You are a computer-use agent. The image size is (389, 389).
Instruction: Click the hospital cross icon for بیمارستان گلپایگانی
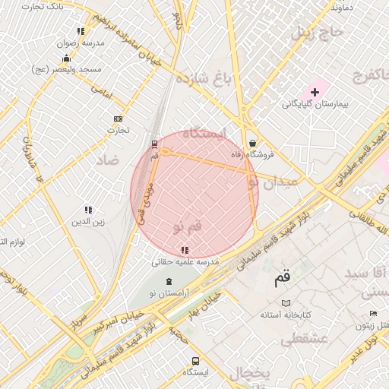(315, 92)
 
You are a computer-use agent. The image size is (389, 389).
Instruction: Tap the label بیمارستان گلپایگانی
(315, 104)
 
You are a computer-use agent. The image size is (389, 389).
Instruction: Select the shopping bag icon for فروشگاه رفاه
(252, 143)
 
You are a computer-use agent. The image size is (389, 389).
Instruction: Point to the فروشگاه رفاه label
(252, 155)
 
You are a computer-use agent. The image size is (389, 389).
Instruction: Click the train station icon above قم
(155, 143)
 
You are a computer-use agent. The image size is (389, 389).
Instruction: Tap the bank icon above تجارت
(118, 119)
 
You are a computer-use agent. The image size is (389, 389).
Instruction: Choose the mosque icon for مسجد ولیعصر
(67, 58)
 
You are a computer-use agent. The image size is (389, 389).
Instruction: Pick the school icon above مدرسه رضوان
(80, 31)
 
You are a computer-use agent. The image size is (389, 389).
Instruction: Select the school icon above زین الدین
(88, 210)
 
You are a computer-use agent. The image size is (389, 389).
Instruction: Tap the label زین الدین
(88, 222)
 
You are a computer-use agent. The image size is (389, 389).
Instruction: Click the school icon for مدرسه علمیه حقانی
(185, 249)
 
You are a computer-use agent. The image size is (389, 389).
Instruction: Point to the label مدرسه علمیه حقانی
(185, 261)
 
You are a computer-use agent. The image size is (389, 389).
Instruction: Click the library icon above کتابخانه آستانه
(286, 302)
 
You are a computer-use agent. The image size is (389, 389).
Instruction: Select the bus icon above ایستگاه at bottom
(196, 361)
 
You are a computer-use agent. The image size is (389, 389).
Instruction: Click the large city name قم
(282, 280)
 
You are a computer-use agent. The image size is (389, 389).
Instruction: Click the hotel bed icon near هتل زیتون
(373, 314)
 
